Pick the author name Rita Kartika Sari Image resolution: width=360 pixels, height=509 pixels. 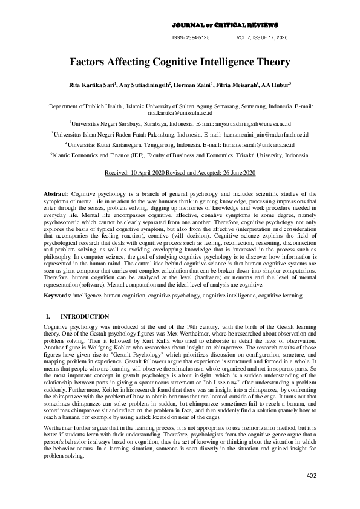point(95,85)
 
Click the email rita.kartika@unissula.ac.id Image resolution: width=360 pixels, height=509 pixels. point(180,112)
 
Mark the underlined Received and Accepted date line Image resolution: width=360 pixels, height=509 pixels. point(180,172)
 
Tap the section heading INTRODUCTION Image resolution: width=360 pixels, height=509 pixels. point(85,317)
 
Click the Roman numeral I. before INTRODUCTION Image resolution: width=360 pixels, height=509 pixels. point(48,317)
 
